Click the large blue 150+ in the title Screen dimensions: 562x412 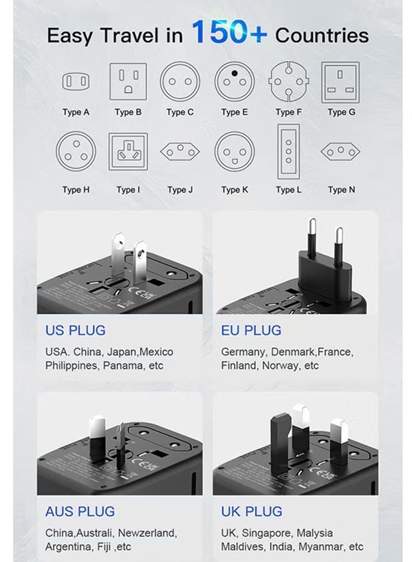229,32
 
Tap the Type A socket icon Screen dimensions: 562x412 76,81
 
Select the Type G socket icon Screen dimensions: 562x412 340,81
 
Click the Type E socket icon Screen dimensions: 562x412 234,81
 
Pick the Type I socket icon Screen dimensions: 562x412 128,151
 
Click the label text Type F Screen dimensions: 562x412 288,112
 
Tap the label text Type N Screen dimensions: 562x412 341,190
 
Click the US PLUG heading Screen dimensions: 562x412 75,330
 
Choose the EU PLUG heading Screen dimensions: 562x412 251,330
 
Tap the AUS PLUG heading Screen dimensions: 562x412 80,512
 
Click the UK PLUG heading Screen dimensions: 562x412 252,512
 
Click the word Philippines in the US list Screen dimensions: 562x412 72,366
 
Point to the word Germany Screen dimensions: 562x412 243,352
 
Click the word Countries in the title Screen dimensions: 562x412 322,35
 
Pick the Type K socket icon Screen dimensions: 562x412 234,151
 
